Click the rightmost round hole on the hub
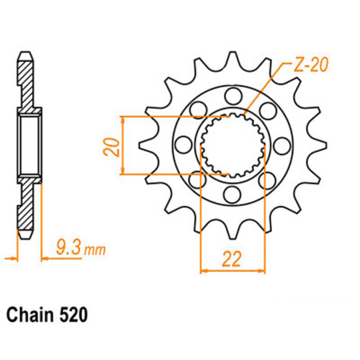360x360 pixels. (269, 111)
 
